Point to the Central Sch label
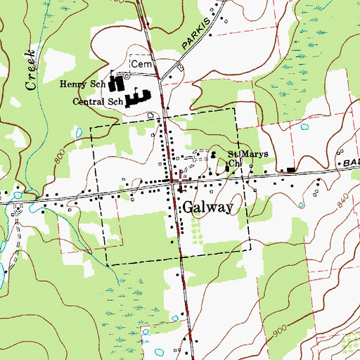point(98,102)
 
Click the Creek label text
point(30,70)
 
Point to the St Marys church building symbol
point(214,155)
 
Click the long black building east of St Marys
point(290,169)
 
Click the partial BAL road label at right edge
point(351,163)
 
